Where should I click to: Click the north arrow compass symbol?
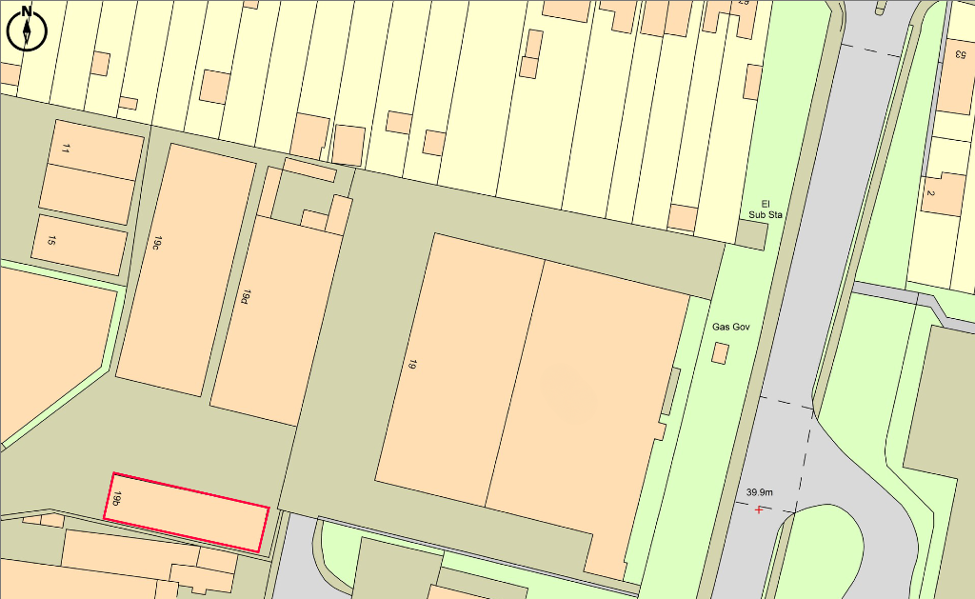(x=27, y=28)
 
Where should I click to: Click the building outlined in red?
(x=187, y=512)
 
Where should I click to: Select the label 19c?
(x=154, y=242)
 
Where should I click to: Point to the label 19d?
(x=246, y=297)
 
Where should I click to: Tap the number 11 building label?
(x=66, y=149)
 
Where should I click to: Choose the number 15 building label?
(x=51, y=241)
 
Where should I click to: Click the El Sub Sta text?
(x=764, y=209)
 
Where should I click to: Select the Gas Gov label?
(x=731, y=327)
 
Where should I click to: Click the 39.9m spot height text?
(x=759, y=492)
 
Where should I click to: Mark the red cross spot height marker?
(x=759, y=509)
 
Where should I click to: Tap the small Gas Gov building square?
(x=720, y=353)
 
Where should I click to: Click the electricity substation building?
(x=750, y=233)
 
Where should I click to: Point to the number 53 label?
(x=960, y=53)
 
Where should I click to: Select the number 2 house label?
(x=930, y=194)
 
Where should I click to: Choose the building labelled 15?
(x=81, y=245)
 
